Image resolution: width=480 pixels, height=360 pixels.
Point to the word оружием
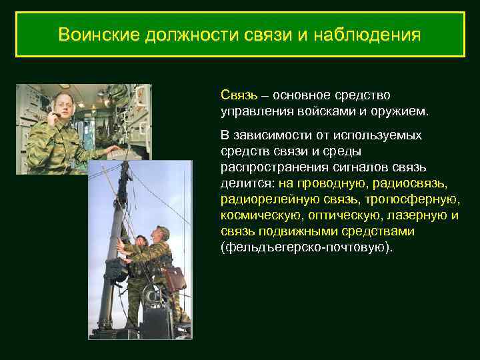(407, 109)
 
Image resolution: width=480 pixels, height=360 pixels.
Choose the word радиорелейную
(262, 199)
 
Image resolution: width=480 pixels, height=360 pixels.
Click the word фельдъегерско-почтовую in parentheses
(306, 247)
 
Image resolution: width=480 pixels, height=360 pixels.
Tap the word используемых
(386, 135)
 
